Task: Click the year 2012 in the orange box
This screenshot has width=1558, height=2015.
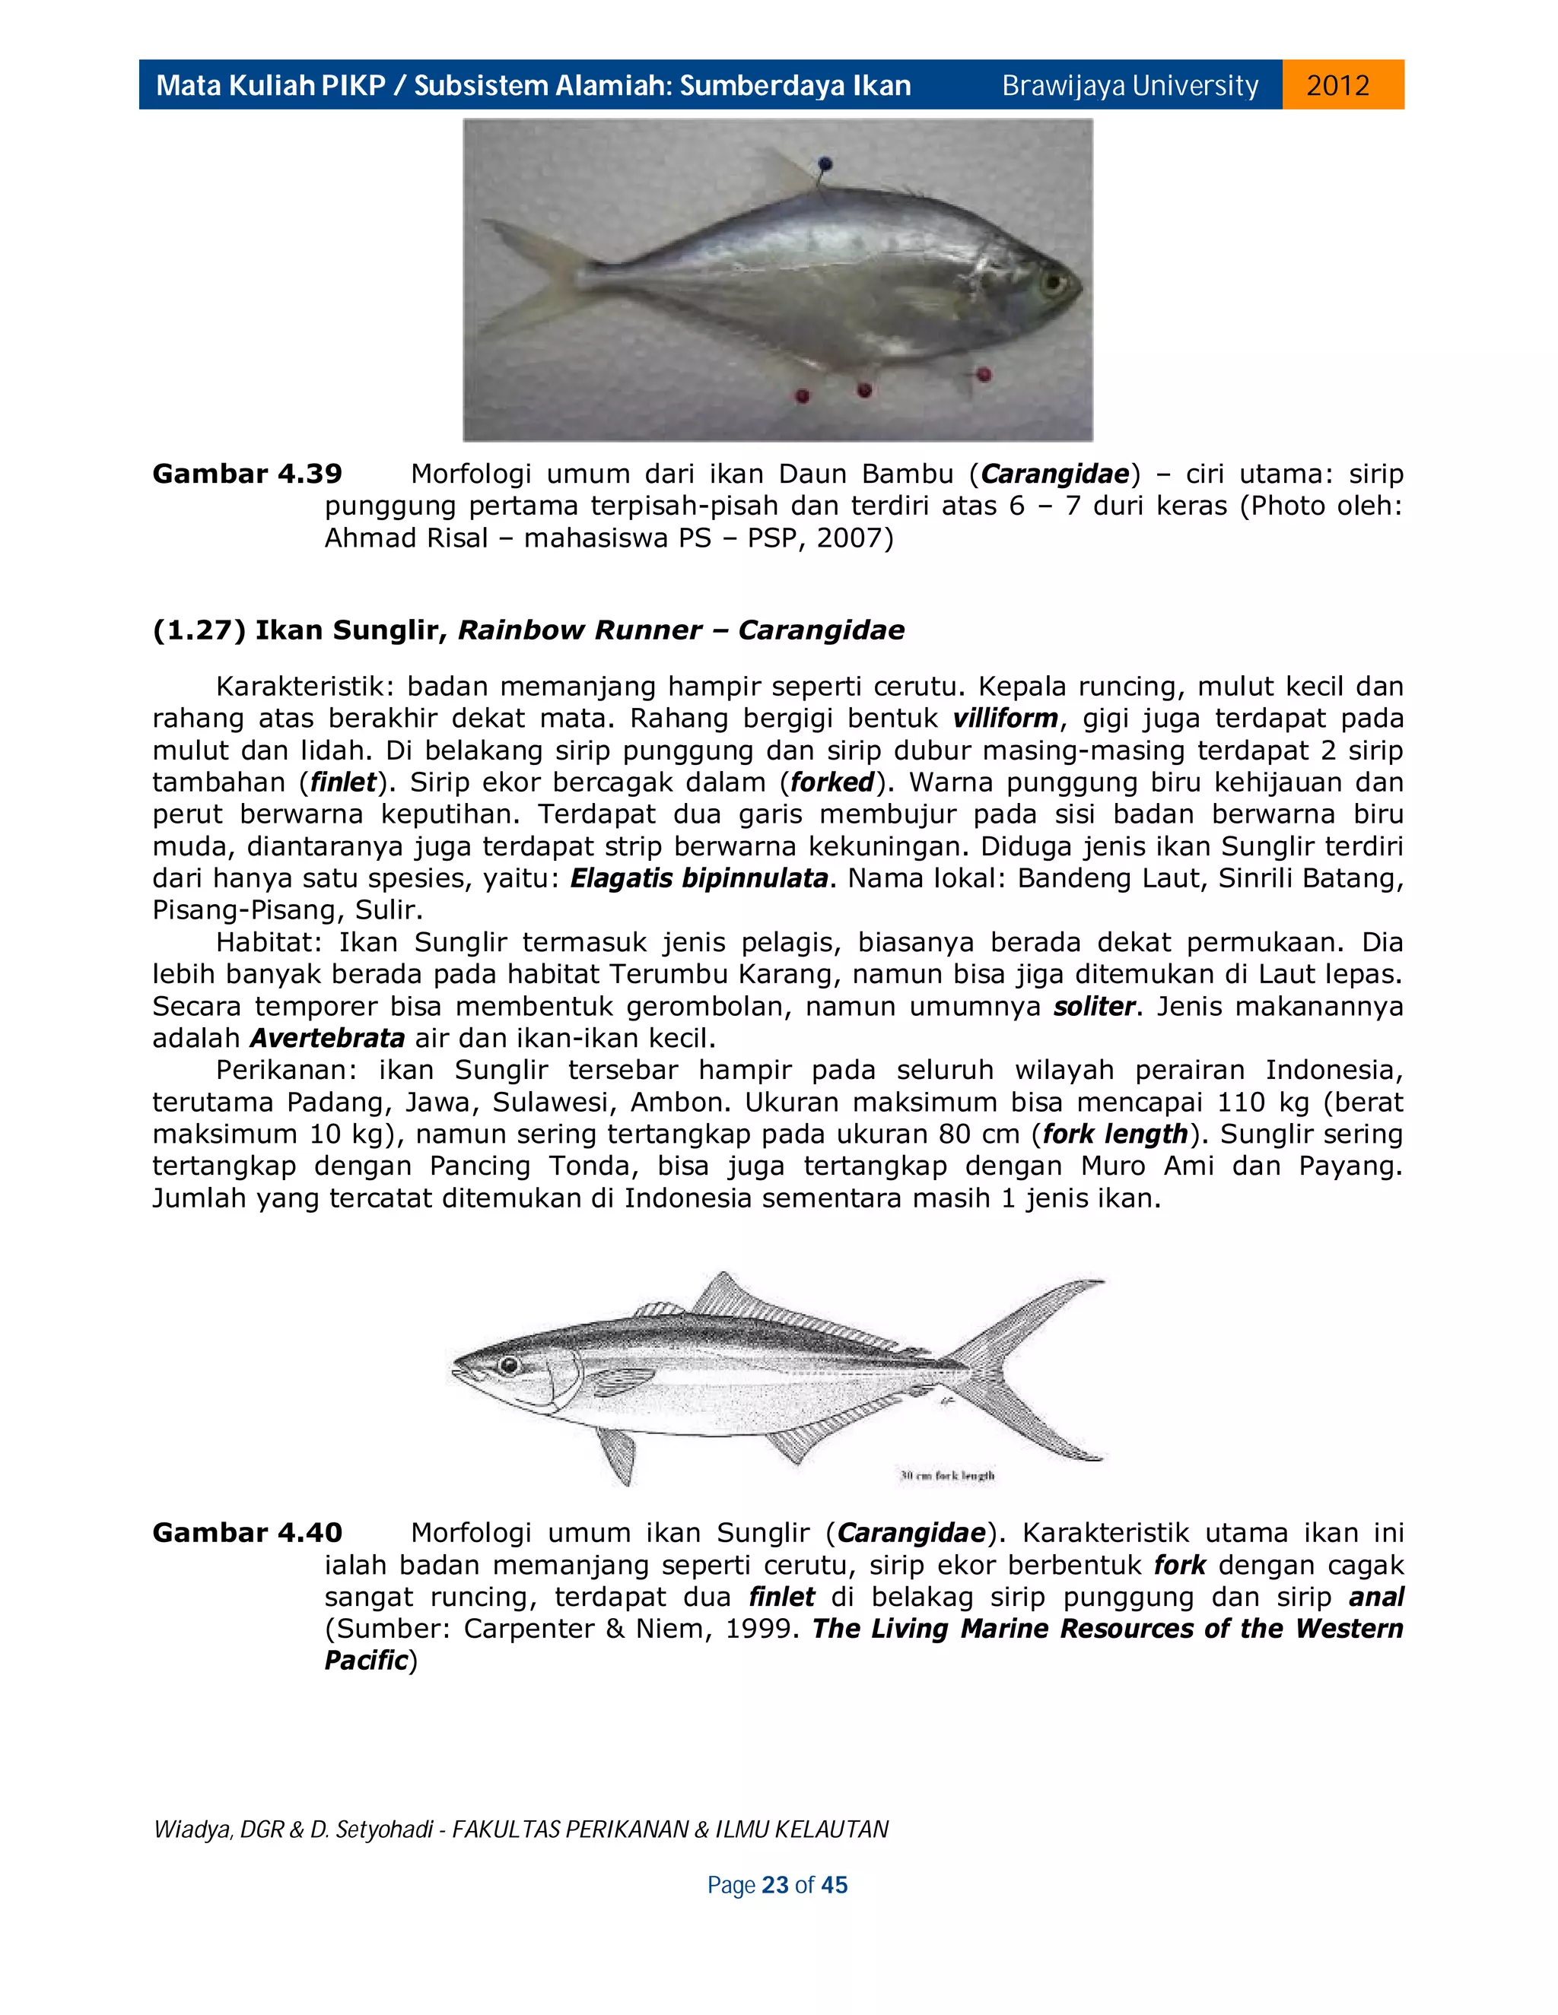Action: [x=1337, y=86]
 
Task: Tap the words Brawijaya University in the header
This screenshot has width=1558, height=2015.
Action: [x=1130, y=86]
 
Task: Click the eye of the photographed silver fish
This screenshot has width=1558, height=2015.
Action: [x=1052, y=281]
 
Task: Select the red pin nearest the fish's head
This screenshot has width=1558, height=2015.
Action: [x=984, y=375]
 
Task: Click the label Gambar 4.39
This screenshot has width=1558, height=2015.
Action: [x=246, y=474]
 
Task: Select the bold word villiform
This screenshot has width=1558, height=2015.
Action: [x=1005, y=718]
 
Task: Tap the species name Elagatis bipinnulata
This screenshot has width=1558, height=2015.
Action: [x=698, y=877]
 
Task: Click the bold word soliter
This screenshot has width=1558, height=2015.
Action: [x=1094, y=1006]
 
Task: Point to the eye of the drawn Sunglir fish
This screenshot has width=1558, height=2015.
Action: [x=507, y=1366]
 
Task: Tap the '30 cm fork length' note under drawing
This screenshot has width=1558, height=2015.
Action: [x=947, y=1475]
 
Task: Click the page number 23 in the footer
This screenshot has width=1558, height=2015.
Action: [x=775, y=1885]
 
